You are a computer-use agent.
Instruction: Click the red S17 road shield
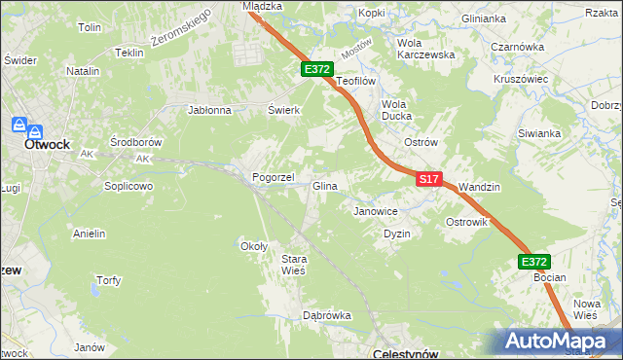click(430, 180)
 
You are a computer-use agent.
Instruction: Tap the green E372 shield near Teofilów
click(317, 69)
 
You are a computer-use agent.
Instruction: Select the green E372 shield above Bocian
click(533, 262)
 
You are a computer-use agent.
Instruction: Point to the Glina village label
click(324, 186)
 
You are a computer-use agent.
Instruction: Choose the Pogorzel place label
click(273, 178)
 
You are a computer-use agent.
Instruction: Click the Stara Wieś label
click(294, 265)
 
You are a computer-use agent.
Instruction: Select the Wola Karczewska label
click(426, 49)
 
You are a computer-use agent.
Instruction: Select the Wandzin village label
click(478, 186)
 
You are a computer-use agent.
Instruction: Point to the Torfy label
click(108, 281)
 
